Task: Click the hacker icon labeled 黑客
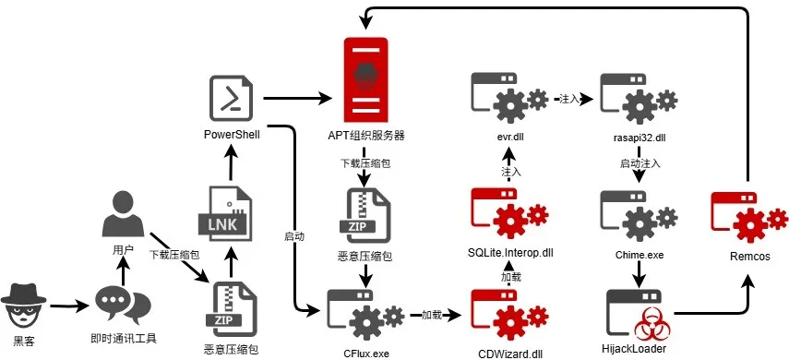tap(24, 306)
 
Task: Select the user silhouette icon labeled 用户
tap(123, 213)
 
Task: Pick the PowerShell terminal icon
tap(232, 98)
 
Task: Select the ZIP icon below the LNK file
tap(230, 309)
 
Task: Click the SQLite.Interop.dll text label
tap(509, 253)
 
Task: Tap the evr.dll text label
tap(508, 137)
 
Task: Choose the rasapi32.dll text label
tap(640, 137)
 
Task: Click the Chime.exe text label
tap(640, 256)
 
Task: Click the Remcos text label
tap(749, 257)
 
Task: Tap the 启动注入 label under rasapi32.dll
tap(640, 163)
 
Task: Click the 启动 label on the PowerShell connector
tap(294, 236)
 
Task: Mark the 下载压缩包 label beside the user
tap(174, 255)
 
